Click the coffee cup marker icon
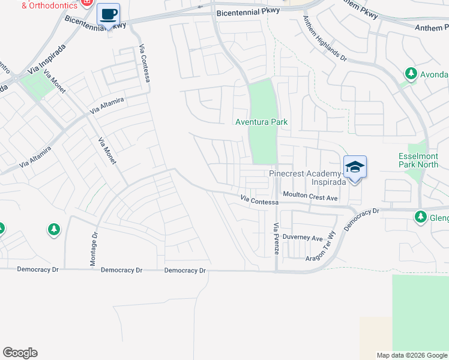point(108,14)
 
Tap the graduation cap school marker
point(355,167)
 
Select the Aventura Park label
point(261,122)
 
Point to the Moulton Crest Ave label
point(310,196)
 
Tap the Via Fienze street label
point(276,239)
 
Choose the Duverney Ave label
point(303,238)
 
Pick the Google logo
point(20,353)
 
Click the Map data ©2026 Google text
point(412,355)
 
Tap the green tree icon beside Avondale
point(411,74)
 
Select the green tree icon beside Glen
point(420,217)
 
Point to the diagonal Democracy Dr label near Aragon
point(362,220)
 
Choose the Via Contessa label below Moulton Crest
point(259,200)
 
